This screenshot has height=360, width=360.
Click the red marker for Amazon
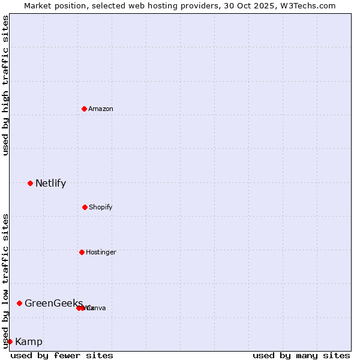84,109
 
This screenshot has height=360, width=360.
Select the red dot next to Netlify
30,183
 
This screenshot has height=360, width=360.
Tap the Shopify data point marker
85,207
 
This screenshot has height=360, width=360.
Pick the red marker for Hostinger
82,252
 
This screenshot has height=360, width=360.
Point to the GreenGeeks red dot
19,303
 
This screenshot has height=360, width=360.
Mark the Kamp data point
10,341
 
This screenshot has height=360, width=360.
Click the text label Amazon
101,109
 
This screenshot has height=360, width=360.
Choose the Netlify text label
50,183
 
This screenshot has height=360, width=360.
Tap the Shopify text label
101,207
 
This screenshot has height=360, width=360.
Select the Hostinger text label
101,252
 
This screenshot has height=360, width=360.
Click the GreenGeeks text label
53,303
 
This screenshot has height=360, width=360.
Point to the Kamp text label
29,341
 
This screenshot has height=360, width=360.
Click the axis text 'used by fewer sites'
62,355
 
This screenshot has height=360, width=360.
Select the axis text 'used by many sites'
301,355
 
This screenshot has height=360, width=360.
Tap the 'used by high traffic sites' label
5,85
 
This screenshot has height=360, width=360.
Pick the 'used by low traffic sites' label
5,280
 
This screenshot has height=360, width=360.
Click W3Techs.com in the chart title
310,5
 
